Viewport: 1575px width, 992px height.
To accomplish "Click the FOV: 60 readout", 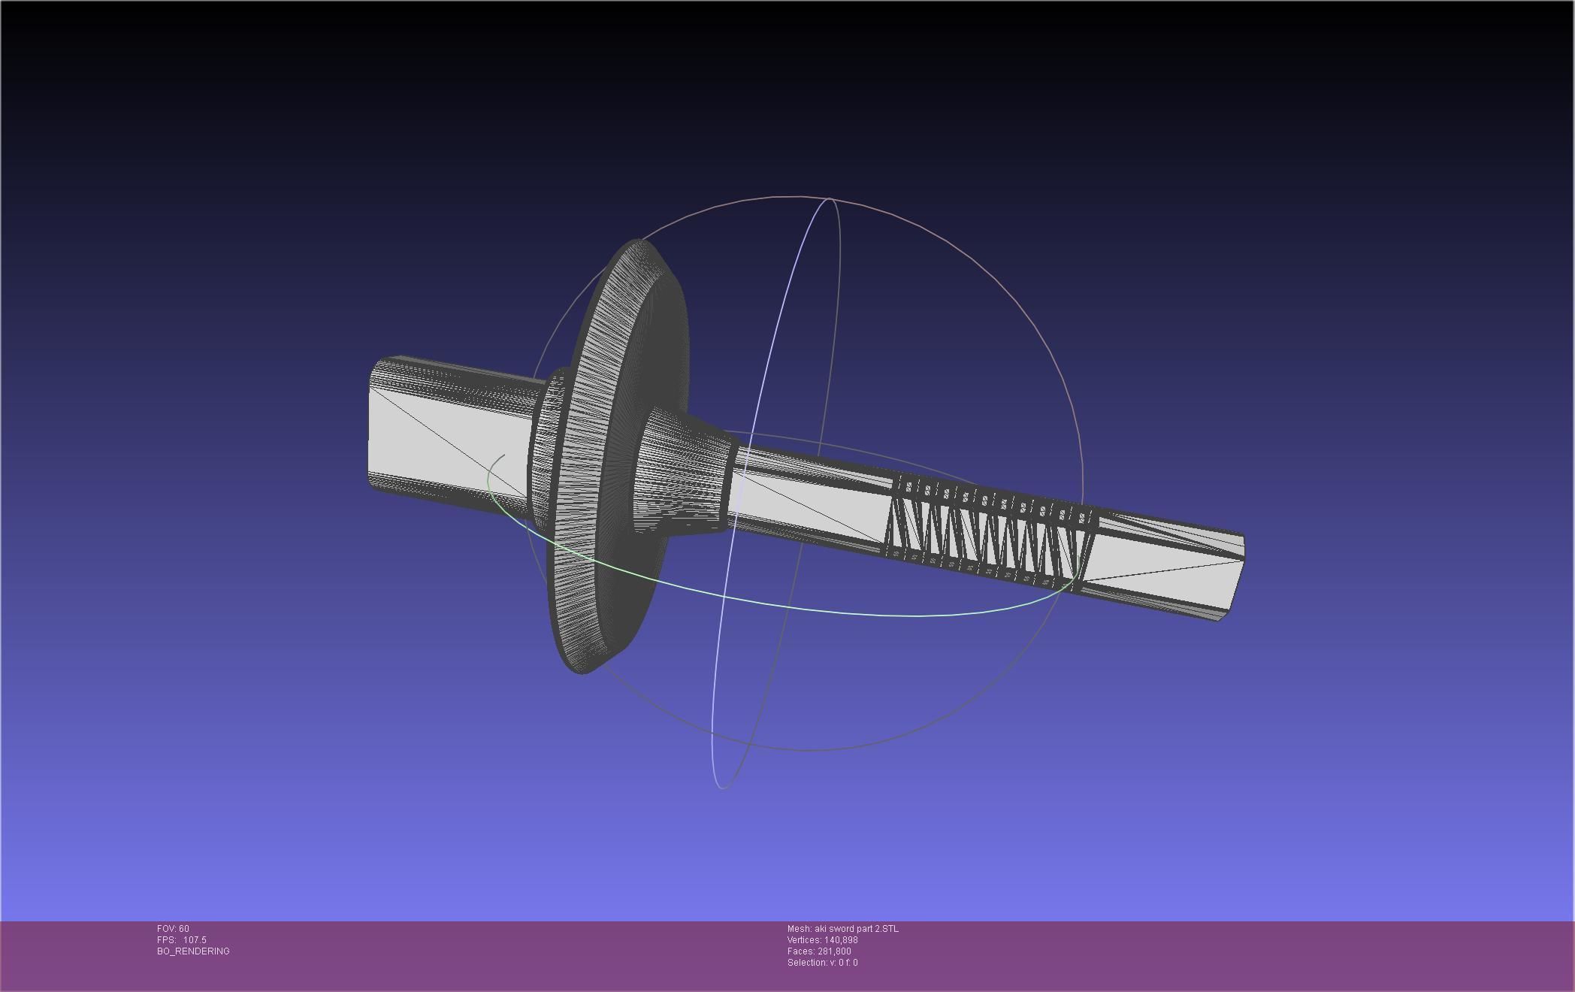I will pyautogui.click(x=173, y=929).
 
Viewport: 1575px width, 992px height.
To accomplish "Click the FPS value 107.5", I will pyautogui.click(x=195, y=940).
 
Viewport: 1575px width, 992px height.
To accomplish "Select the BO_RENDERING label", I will pyautogui.click(x=193, y=951).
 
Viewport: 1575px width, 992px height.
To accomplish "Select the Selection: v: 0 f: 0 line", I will pyautogui.click(x=822, y=963).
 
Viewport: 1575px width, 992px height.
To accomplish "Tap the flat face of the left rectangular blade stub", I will pyautogui.click(x=443, y=440).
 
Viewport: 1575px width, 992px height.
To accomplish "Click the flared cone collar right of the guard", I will pyautogui.click(x=680, y=473).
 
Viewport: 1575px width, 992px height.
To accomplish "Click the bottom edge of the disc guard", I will pyautogui.click(x=586, y=669).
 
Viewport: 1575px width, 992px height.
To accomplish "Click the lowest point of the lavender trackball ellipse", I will pyautogui.click(x=722, y=788).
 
